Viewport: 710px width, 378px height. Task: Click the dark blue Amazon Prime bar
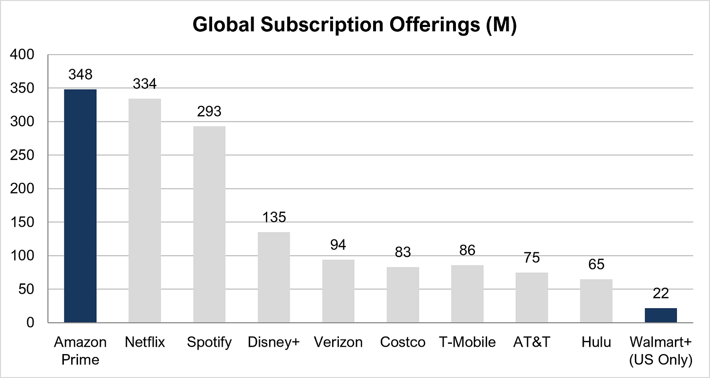[80, 206]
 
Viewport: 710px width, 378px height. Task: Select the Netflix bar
[145, 211]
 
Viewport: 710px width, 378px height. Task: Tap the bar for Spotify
[209, 224]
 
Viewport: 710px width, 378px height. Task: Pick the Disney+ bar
[274, 277]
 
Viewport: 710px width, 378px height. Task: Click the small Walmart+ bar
[661, 315]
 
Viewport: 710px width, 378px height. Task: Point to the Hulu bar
[596, 300]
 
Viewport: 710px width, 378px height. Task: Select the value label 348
[80, 75]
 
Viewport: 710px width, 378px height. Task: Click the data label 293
[209, 111]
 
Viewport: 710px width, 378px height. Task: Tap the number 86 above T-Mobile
[467, 250]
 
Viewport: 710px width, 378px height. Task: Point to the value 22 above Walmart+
[661, 293]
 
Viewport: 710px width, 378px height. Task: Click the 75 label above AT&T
[532, 258]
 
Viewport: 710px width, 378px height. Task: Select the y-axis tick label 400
[22, 55]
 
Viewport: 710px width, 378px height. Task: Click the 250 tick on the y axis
[22, 155]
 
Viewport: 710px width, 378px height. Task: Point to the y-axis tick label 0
[30, 322]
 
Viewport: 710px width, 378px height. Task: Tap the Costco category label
[403, 342]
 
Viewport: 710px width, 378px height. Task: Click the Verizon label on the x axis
[338, 342]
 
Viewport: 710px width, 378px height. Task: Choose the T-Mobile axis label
[467, 342]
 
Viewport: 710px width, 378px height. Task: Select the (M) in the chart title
[501, 24]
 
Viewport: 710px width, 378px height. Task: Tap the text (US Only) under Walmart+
[661, 359]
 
